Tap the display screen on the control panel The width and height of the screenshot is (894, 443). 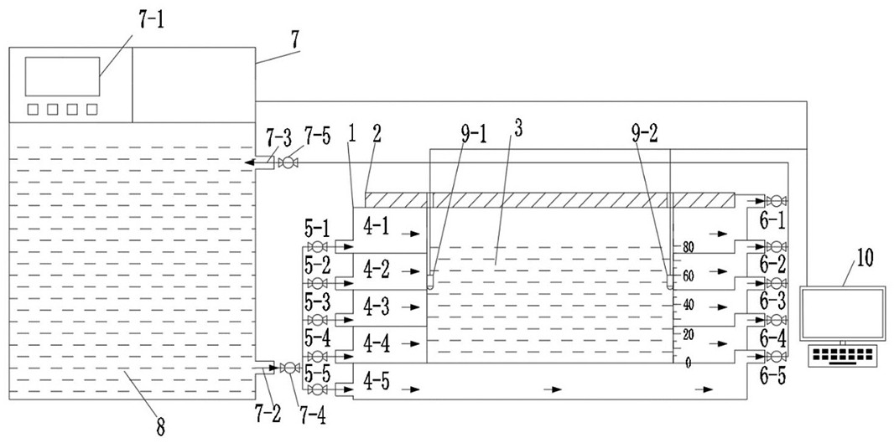point(62,76)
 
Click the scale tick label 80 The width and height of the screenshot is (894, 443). point(689,248)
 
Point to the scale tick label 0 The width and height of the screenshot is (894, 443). point(689,363)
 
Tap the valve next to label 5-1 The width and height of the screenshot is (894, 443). point(318,247)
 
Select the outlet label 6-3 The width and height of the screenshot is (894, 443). point(772,301)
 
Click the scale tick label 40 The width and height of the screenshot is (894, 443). point(689,305)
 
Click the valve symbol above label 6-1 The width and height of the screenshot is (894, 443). point(776,201)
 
